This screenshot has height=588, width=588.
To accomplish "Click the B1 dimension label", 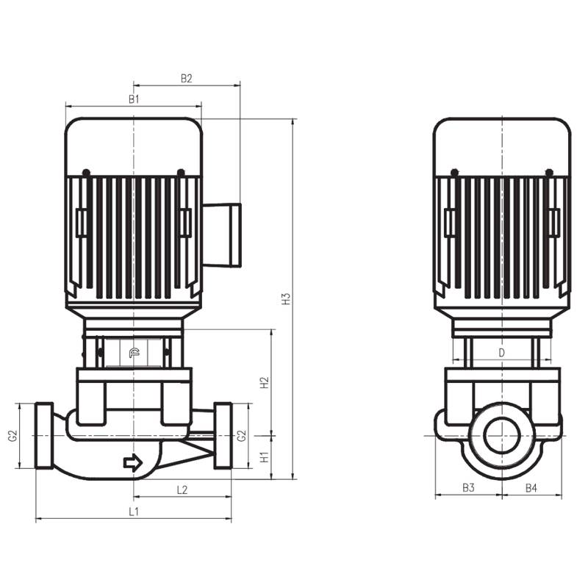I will pyautogui.click(x=134, y=98).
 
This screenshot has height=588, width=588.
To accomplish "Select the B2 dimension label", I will pyautogui.click(x=187, y=77).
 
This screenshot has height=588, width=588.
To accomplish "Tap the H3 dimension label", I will pyautogui.click(x=288, y=299).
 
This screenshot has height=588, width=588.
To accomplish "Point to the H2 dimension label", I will pyautogui.click(x=265, y=382).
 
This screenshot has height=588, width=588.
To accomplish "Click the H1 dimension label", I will pyautogui.click(x=265, y=457).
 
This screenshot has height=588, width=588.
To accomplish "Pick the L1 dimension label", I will pyautogui.click(x=134, y=511).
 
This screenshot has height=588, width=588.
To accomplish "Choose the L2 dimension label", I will pyautogui.click(x=182, y=490).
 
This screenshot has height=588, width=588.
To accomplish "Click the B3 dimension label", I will pyautogui.click(x=468, y=488).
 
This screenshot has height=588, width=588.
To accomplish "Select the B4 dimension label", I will pyautogui.click(x=531, y=488).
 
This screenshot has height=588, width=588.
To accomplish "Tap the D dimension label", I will pyautogui.click(x=502, y=353).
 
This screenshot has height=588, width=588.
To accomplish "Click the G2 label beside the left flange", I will pyautogui.click(x=12, y=436).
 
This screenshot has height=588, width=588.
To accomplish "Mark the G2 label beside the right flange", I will pyautogui.click(x=242, y=436).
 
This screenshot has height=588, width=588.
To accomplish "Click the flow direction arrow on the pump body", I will pyautogui.click(x=133, y=462).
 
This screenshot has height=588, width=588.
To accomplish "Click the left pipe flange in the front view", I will pyautogui.click(x=44, y=435).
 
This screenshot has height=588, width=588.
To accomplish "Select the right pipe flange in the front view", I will pyautogui.click(x=223, y=435).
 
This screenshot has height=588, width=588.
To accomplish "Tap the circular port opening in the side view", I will pyautogui.click(x=503, y=436).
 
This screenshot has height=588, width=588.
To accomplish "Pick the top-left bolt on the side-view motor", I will pyautogui.click(x=454, y=173).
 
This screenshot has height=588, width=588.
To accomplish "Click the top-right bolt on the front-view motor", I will pyautogui.click(x=181, y=173).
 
